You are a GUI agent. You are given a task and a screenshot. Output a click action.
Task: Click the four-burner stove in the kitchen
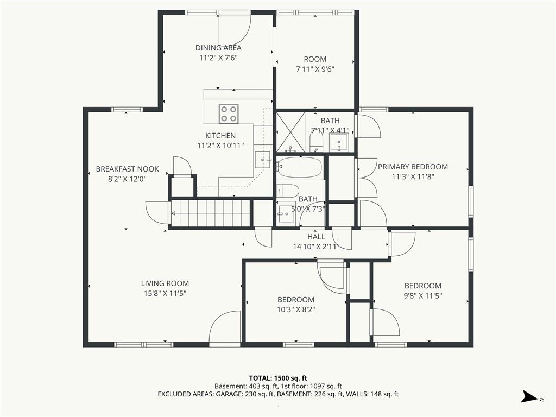point(229,114)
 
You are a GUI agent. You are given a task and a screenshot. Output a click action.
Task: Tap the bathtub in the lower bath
point(300,167)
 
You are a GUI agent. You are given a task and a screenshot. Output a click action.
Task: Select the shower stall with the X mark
point(290,132)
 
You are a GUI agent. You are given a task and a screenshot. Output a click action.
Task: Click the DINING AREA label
point(218,48)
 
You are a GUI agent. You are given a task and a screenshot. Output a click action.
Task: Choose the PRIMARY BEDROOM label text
point(413,167)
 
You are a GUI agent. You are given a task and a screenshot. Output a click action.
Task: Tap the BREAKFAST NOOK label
point(127,169)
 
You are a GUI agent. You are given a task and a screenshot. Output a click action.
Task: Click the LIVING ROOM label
point(165,283)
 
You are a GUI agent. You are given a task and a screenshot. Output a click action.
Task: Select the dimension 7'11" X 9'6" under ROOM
point(315,69)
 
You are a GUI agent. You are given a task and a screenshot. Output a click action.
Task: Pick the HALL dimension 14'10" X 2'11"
point(316,247)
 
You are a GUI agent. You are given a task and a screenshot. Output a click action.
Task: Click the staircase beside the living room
point(211,213)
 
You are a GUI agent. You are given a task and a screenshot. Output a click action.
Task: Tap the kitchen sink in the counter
point(263,160)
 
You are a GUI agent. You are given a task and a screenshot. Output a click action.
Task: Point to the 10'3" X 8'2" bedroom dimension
point(296,309)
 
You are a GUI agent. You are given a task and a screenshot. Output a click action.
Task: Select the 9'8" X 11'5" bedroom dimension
point(423,296)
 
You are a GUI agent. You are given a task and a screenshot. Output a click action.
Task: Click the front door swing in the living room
point(225,326)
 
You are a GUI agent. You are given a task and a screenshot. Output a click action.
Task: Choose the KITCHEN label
point(220,135)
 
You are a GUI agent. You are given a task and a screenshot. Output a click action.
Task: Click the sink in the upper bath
point(339,142)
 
